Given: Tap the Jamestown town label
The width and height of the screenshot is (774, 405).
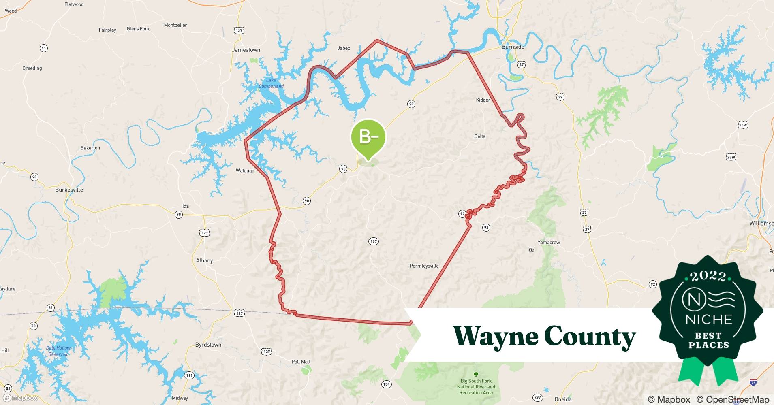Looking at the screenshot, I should (x=246, y=50).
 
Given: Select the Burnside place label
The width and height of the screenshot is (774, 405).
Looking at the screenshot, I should (x=513, y=47).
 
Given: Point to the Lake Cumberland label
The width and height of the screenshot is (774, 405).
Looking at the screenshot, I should (x=271, y=83).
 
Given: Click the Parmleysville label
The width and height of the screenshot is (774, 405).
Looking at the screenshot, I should (x=424, y=266).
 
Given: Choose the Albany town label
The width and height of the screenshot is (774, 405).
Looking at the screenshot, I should (x=204, y=260).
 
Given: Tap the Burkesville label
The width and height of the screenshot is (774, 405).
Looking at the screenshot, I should (x=69, y=190).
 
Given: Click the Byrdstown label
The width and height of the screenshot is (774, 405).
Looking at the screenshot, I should (x=208, y=345).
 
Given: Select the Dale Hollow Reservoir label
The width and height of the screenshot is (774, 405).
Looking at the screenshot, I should (x=58, y=351).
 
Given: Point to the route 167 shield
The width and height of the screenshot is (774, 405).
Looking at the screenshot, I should (x=373, y=241).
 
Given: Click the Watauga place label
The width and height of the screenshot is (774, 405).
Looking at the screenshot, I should (x=245, y=171).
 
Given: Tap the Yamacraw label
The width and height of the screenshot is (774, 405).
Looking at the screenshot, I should (x=549, y=242).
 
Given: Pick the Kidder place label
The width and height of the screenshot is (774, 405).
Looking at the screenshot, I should (x=483, y=100).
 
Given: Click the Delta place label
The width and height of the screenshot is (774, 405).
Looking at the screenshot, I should (x=480, y=136).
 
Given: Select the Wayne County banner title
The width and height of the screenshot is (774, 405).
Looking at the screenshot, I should (x=544, y=336).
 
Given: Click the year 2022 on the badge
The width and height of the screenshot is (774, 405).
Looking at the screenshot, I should (x=708, y=276).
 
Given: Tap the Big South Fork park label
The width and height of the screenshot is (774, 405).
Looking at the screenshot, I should (x=476, y=386).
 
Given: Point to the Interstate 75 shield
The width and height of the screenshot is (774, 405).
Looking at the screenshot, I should (x=753, y=382).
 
